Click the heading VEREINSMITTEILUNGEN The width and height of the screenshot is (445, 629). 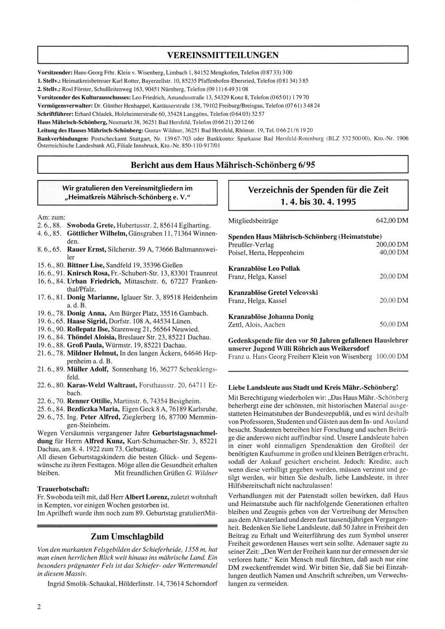tap(223, 55)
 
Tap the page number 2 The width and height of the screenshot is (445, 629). tap(39, 606)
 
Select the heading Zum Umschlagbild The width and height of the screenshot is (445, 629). tap(127, 536)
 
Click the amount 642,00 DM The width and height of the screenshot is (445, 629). tap(392, 221)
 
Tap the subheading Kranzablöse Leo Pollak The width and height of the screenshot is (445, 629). tap(264, 269)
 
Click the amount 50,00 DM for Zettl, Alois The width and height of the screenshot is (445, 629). tap(394, 325)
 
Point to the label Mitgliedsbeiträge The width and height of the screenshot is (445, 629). tap(253, 221)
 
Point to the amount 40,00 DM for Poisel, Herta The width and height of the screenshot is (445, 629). tap(394, 253)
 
